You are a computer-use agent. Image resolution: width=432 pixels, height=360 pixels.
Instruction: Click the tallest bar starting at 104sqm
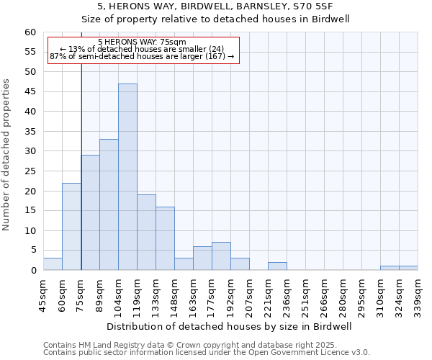pos(127,177)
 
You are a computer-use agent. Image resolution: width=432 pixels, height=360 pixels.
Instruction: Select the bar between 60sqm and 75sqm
pos(71,227)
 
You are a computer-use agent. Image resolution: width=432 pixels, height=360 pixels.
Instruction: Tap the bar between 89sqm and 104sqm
pos(109,205)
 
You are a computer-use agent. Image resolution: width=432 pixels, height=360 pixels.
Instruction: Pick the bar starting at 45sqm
pos(53,264)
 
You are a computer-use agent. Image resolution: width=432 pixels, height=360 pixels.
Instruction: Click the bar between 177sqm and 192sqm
pos(221,256)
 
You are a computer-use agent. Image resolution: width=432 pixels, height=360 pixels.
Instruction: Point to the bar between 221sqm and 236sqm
pos(277,266)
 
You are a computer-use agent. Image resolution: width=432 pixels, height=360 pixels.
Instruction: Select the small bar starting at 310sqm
pos(390,268)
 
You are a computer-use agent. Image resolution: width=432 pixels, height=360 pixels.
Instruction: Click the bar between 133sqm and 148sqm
pos(165,238)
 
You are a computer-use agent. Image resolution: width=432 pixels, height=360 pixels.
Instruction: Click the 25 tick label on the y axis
pos(30,171)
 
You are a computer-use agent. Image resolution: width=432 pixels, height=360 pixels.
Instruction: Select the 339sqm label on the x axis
pos(418,296)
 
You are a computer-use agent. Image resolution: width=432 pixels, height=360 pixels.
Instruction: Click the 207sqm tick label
pos(249,296)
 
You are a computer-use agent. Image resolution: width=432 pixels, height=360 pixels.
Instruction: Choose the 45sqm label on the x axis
pos(43,296)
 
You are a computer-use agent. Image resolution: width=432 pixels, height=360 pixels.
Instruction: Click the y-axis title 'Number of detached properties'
pos(7,155)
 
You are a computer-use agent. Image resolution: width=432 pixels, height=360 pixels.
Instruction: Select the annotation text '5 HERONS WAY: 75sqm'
pos(142,42)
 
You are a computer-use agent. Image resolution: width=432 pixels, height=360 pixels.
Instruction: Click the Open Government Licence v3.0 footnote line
pos(207,353)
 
